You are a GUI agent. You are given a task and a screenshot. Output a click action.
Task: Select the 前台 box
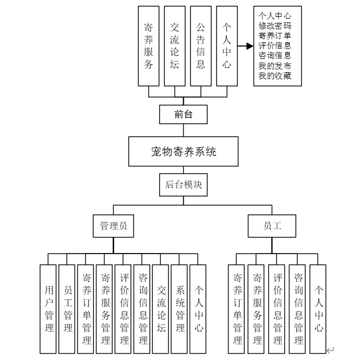[x=183, y=114]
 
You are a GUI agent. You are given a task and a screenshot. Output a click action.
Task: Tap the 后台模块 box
[x=183, y=185]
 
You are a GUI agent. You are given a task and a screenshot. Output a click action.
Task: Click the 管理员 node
[x=113, y=226]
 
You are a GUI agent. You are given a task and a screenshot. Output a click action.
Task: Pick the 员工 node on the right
[x=272, y=226]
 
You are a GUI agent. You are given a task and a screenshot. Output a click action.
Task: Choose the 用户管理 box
[x=49, y=308]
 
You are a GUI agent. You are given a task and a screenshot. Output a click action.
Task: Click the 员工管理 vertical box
[x=67, y=308]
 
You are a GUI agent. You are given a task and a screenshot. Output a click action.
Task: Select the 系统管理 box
[x=179, y=308]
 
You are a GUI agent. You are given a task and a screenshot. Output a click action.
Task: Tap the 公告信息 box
[x=201, y=46]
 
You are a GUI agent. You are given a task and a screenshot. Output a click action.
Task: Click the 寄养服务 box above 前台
[x=149, y=46]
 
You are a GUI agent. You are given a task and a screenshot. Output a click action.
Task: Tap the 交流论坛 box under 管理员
[x=161, y=308]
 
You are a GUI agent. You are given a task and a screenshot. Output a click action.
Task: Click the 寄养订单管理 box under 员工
[x=237, y=308]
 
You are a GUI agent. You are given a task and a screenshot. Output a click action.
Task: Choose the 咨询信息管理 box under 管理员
[x=142, y=308]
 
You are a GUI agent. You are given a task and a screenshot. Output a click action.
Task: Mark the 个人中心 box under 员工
[x=318, y=308]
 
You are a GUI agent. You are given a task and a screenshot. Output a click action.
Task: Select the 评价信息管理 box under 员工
[x=278, y=308]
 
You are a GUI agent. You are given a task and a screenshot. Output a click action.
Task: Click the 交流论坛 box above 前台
[x=175, y=46]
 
